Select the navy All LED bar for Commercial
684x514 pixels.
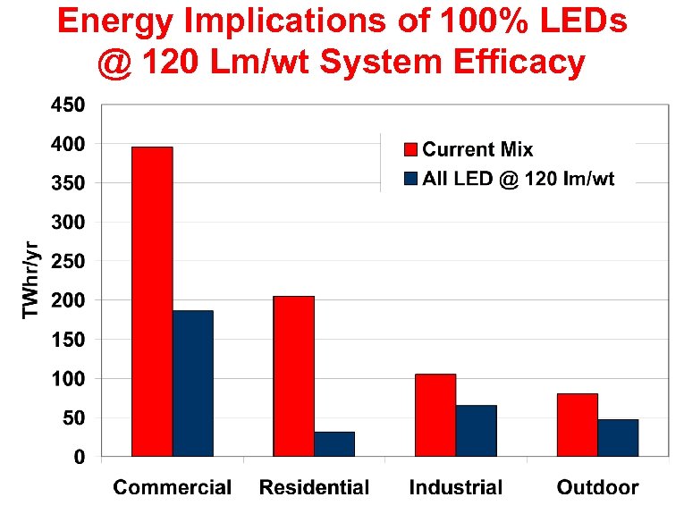click(192, 383)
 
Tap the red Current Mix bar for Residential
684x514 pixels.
click(293, 376)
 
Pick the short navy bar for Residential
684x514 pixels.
click(334, 444)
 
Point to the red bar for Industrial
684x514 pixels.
click(435, 415)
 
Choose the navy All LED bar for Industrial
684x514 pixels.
click(476, 431)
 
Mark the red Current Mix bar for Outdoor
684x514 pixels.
click(577, 425)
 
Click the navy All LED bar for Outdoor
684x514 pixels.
click(618, 438)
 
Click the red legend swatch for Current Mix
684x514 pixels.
click(411, 149)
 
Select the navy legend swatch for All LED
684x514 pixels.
click(411, 178)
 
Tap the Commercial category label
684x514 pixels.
click(172, 487)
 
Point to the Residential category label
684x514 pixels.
click(314, 487)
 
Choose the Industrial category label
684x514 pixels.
click(456, 487)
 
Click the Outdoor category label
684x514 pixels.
click(597, 487)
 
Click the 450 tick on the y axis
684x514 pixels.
click(67, 105)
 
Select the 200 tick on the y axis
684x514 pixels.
click(67, 300)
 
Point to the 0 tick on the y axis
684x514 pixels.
click(80, 457)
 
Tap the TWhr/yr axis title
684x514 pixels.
click(31, 282)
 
